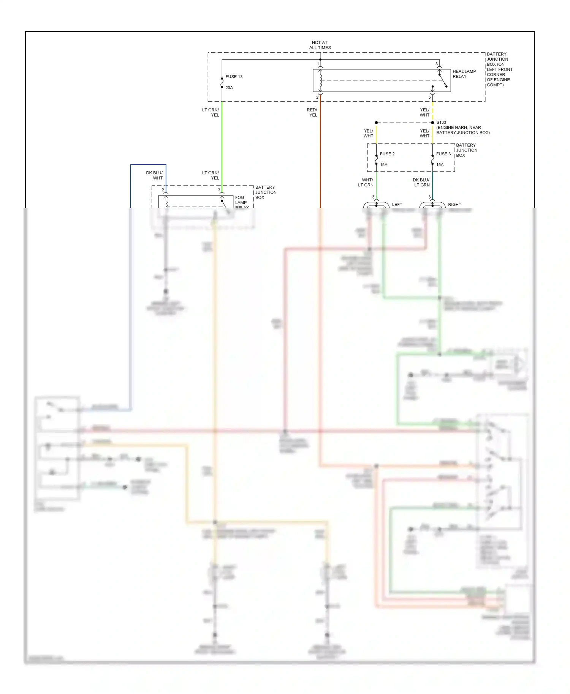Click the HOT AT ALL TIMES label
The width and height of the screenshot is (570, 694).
[320, 45]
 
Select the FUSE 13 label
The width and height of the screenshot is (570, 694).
[234, 77]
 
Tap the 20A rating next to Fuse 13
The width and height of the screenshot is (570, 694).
[229, 88]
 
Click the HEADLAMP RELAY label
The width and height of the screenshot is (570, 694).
[464, 74]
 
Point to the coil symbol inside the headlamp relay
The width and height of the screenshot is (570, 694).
[320, 80]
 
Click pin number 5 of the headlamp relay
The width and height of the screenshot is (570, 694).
[430, 98]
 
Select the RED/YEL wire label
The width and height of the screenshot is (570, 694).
[312, 112]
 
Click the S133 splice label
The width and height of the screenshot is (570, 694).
[441, 122]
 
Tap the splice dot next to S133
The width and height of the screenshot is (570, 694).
[432, 123]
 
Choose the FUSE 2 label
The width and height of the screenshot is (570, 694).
[387, 154]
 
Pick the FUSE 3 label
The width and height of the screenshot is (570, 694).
[443, 154]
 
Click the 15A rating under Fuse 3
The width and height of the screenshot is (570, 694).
[440, 165]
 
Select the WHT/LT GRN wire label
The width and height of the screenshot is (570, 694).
[366, 183]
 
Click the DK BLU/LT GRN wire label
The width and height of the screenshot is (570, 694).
[421, 183]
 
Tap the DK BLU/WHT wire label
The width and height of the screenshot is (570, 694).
[154, 175]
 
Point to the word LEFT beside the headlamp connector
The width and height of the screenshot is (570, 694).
[397, 205]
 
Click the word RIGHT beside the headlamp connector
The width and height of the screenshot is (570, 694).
[454, 205]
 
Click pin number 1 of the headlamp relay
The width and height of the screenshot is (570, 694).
[318, 64]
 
